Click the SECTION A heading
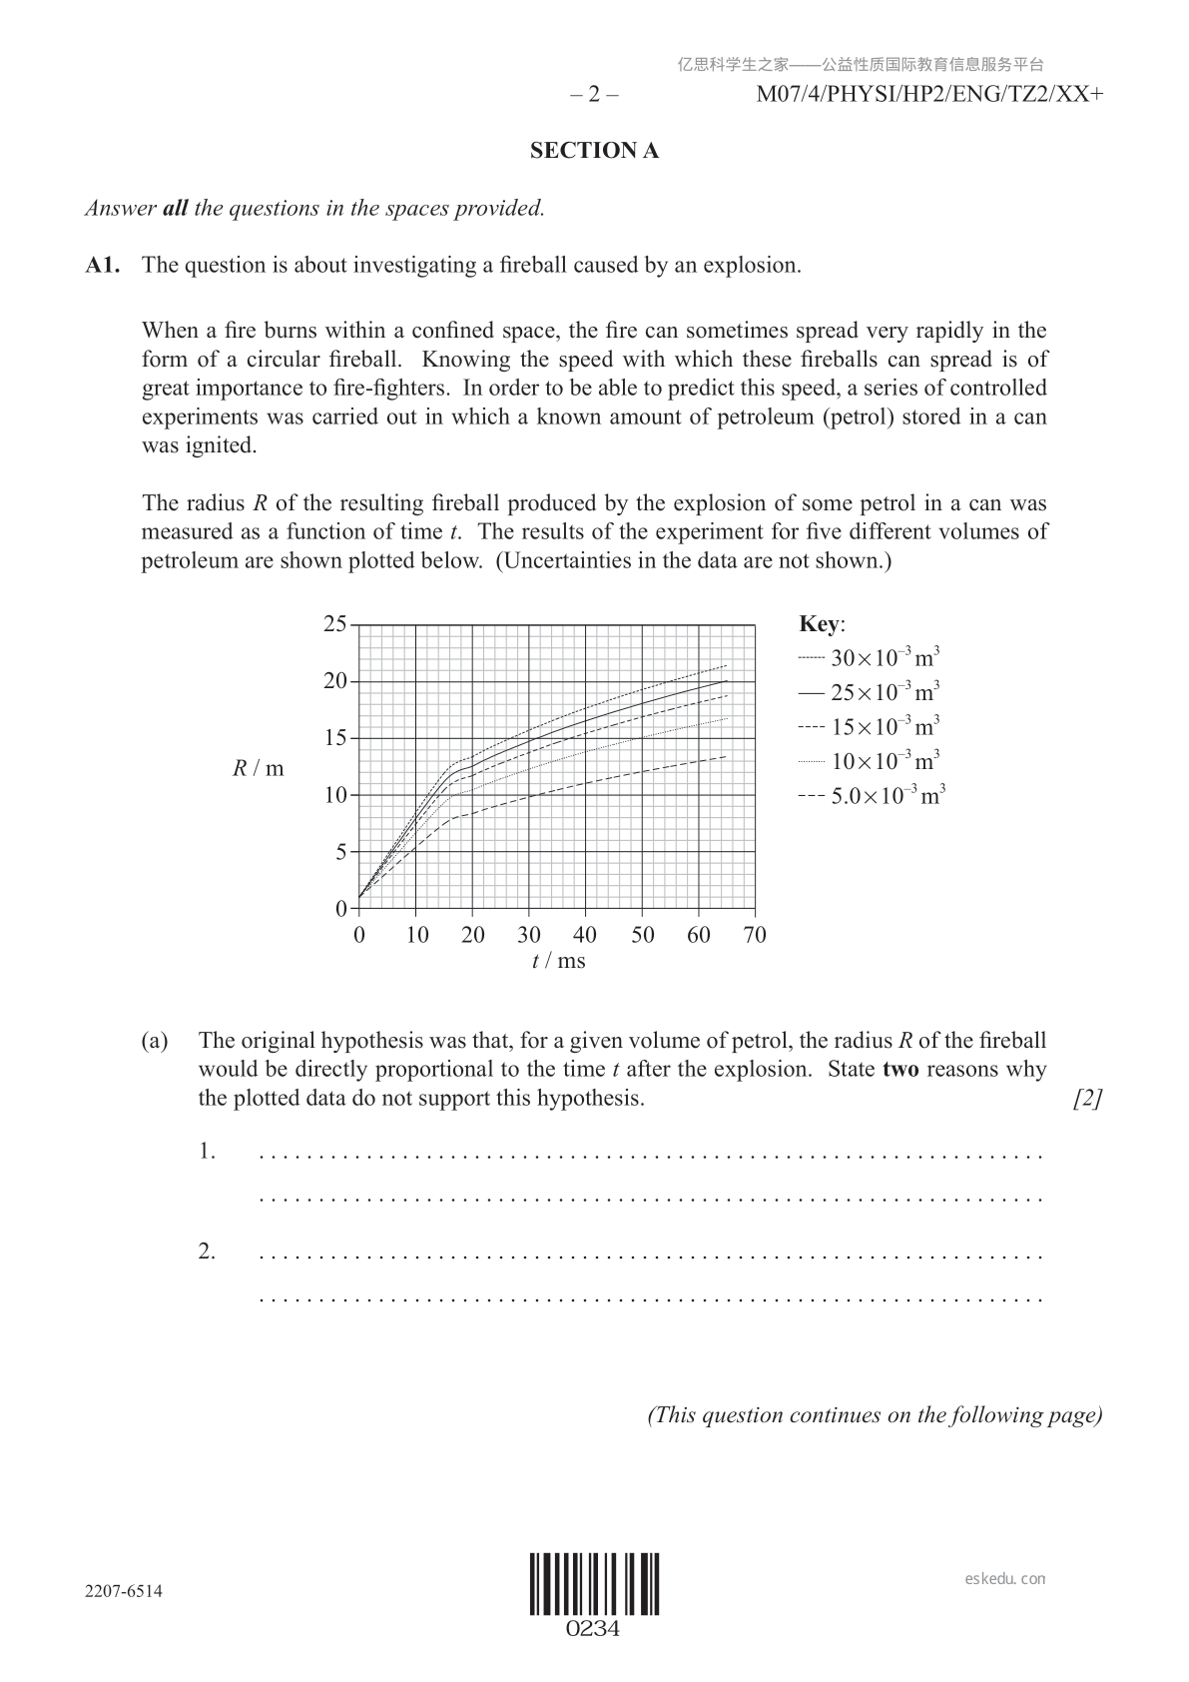(x=594, y=151)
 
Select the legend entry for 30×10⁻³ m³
(x=871, y=658)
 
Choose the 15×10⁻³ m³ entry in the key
(x=871, y=727)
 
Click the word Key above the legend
(x=821, y=624)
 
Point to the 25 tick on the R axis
(x=334, y=624)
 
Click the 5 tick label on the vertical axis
(x=339, y=853)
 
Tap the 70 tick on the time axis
(x=755, y=935)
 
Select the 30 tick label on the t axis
(x=529, y=935)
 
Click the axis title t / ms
(x=558, y=961)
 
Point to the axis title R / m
(x=259, y=768)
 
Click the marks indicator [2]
(x=1087, y=1099)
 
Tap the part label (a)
(x=155, y=1041)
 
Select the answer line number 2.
(x=207, y=1252)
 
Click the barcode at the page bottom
(x=594, y=1585)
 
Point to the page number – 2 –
(x=594, y=95)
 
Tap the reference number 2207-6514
(x=124, y=1591)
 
